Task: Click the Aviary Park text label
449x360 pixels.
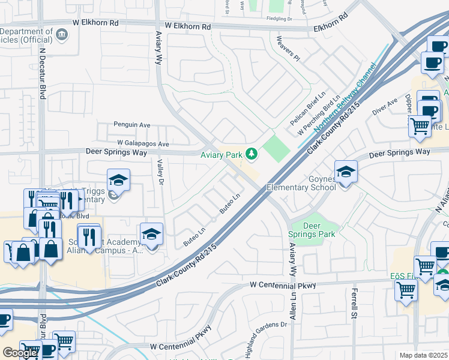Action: tap(221, 155)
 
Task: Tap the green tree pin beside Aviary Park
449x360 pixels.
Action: tap(250, 155)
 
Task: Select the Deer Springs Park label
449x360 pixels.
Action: tap(319, 230)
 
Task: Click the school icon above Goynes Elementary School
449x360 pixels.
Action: tap(346, 172)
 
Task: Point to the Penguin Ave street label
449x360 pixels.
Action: tap(131, 125)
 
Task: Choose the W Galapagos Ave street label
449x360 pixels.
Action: tap(143, 144)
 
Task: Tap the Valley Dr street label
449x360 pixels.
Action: tap(160, 172)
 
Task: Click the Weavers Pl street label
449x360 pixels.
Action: tap(286, 49)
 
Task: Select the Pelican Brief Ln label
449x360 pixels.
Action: tap(312, 105)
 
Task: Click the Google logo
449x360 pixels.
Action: tap(20, 353)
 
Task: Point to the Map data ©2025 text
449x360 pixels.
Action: tap(424, 355)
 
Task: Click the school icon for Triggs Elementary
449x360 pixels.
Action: tap(118, 179)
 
